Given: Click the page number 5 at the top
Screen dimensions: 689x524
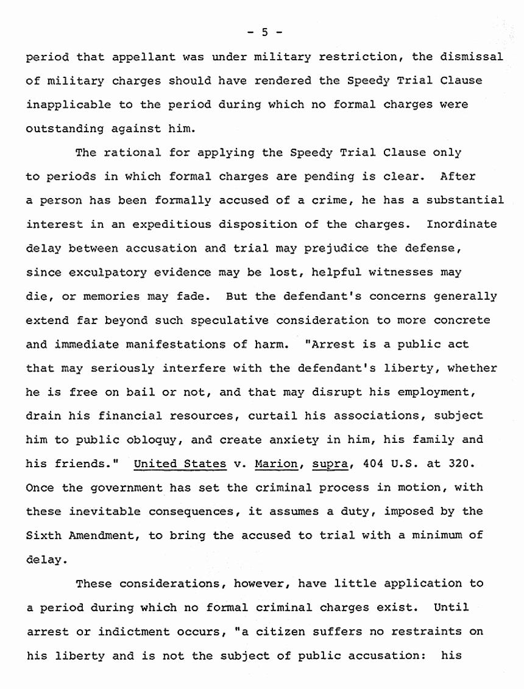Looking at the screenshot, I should click(264, 32).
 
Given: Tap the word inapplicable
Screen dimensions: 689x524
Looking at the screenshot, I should click(68, 104).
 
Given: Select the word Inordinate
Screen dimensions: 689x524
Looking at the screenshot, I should click(461, 224).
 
